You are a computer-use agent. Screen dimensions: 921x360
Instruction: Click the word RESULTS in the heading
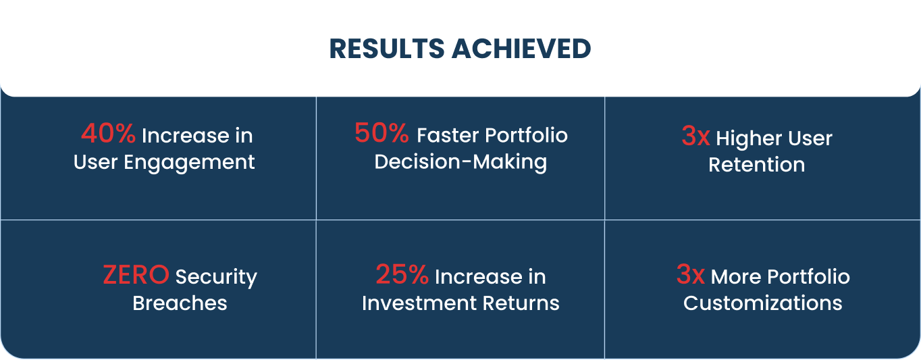(387, 49)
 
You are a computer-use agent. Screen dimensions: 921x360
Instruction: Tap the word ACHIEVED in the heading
(521, 49)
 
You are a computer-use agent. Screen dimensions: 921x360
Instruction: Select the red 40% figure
(108, 133)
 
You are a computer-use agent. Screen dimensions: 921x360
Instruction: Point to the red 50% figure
(381, 133)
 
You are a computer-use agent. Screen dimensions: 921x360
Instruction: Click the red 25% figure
(402, 274)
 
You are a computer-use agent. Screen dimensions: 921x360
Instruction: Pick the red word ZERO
(136, 275)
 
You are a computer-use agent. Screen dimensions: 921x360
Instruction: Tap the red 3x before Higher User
(695, 136)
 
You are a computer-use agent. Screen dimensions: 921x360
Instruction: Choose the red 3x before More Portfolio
(691, 274)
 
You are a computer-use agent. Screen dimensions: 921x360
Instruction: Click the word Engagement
(189, 163)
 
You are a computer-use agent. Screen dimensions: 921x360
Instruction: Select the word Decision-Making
(460, 162)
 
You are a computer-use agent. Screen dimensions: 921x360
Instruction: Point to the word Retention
(756, 165)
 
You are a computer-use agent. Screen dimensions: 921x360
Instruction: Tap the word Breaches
(180, 303)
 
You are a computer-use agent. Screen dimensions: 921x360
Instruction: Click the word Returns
(521, 303)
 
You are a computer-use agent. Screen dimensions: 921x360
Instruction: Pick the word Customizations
(763, 303)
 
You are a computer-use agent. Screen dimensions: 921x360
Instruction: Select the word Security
(216, 278)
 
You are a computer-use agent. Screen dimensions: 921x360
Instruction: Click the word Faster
(448, 135)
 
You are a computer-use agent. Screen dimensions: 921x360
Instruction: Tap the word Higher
(749, 139)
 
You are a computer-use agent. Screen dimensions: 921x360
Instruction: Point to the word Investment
(419, 303)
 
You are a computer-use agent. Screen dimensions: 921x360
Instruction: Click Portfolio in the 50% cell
(527, 135)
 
